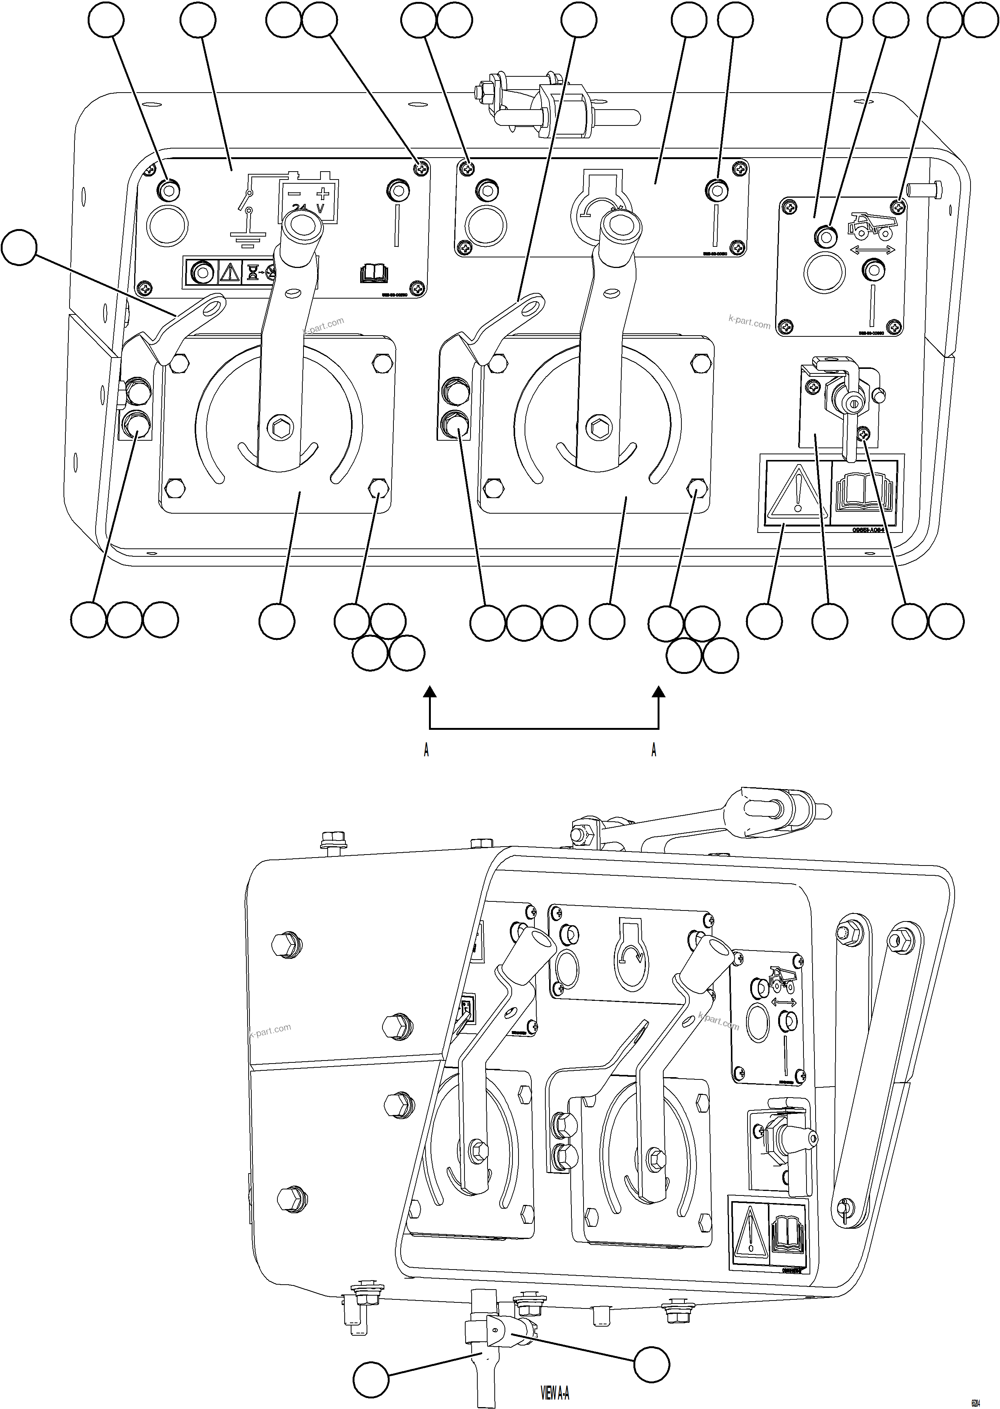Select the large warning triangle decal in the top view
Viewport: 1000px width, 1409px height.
pos(797,491)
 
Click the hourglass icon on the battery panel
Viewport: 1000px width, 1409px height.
pos(252,272)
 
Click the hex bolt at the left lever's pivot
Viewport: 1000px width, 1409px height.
pos(281,427)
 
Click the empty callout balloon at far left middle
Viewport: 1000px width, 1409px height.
pos(19,248)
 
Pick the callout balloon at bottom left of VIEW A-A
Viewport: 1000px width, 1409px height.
pos(371,1380)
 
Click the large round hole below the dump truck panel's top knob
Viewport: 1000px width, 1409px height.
pos(825,272)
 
